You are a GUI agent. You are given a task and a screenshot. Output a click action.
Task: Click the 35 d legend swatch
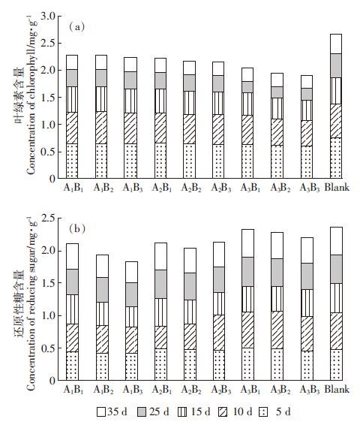pos(101,411)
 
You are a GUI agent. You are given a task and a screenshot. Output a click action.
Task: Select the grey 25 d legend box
pos(142,411)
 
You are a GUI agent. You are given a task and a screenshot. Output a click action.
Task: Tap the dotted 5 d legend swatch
pos(263,411)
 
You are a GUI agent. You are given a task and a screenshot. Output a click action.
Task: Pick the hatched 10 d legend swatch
pos(223,411)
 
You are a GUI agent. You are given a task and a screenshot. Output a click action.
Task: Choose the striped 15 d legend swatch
pos(182,411)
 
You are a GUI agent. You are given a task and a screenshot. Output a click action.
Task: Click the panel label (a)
pos(77,27)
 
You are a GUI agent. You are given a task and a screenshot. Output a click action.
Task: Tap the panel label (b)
pos(77,229)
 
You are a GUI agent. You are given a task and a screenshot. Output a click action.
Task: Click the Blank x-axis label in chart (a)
pos(337,187)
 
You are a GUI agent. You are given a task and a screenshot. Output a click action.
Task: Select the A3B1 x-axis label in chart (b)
pos(250,390)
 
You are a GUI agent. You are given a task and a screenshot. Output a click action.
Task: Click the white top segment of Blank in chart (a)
pos(336,44)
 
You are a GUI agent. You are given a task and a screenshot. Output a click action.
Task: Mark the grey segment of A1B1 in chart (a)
pos(72,78)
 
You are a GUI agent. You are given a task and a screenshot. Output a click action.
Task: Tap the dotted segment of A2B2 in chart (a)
pos(189,161)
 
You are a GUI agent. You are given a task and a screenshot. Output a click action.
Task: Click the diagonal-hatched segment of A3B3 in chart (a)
pos(307,133)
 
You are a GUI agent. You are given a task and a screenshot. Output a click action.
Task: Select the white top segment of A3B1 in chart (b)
pos(247,243)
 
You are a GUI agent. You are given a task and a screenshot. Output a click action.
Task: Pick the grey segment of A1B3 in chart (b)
pos(131,294)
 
